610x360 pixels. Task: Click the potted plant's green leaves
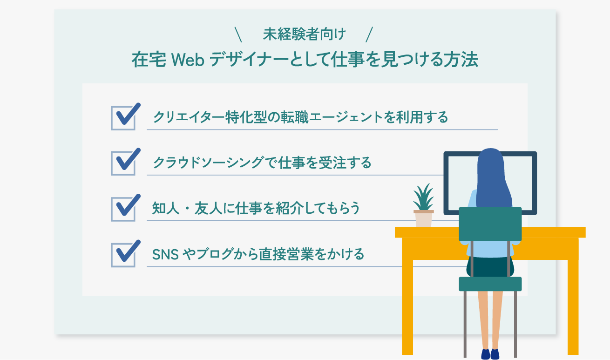tap(423, 198)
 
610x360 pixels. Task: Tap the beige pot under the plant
tap(423, 219)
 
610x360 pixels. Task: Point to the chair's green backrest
tap(490, 224)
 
